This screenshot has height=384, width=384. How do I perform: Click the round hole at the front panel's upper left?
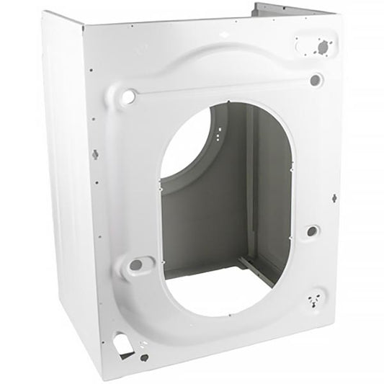point(128,94)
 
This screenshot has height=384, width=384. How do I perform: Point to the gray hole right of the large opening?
point(311,231)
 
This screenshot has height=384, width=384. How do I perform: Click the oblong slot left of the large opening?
point(135,264)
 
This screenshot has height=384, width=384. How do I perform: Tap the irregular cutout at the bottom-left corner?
point(123,345)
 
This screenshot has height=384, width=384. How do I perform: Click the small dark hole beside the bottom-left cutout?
point(144,357)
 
